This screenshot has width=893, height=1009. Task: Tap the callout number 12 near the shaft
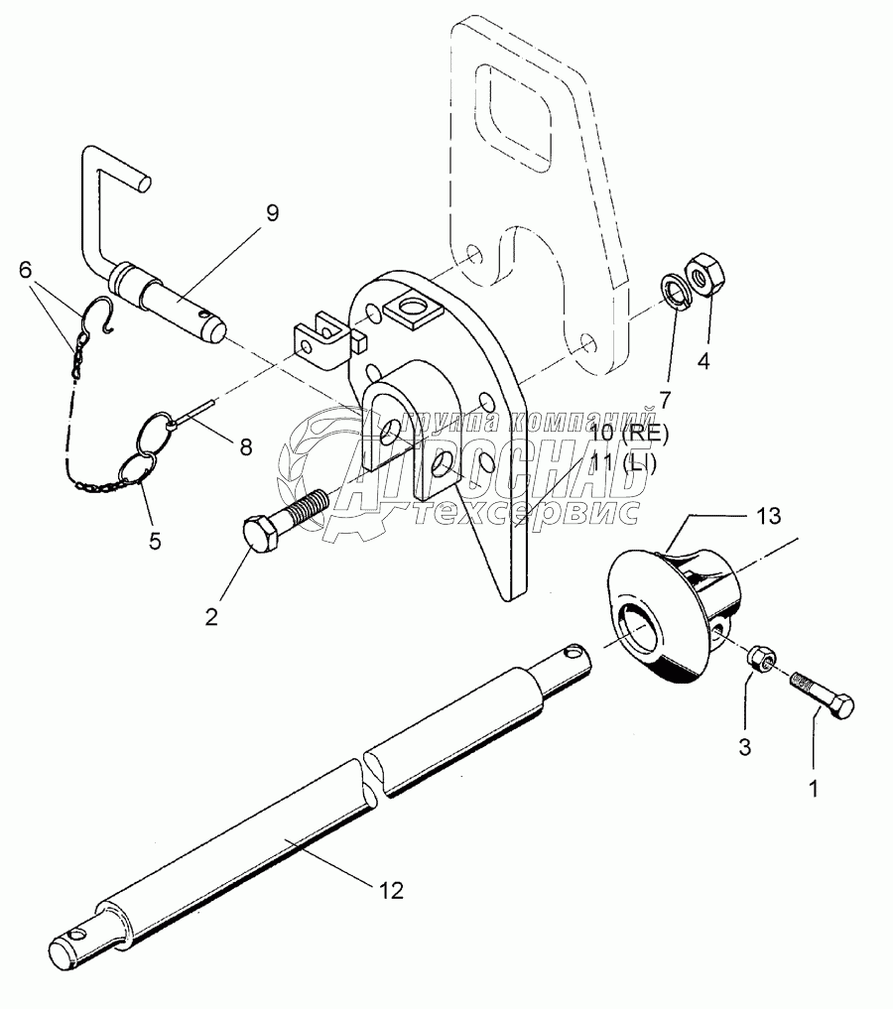point(391,890)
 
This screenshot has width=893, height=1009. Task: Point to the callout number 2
point(211,617)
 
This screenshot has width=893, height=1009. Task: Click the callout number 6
point(26,269)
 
